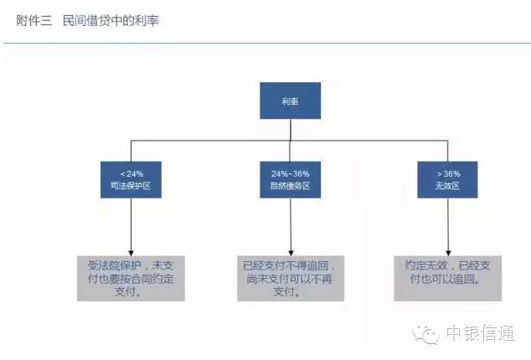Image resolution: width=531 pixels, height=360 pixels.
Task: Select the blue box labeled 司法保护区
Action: click(130, 178)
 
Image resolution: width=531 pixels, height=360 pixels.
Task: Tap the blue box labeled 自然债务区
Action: click(289, 178)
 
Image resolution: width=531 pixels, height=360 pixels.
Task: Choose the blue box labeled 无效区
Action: click(447, 178)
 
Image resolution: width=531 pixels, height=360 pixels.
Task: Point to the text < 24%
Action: click(130, 172)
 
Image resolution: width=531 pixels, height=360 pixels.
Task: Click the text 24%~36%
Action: click(289, 172)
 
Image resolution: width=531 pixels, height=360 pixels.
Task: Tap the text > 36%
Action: click(447, 172)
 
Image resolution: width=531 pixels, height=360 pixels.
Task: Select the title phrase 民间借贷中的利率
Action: click(110, 20)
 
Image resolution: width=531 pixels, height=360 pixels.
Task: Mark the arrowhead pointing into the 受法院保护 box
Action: click(130, 250)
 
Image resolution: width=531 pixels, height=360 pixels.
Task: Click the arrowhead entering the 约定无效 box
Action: click(447, 250)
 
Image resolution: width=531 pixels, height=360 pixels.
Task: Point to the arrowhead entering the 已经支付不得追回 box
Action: click(289, 250)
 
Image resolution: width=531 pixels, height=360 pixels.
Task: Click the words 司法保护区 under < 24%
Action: click(130, 185)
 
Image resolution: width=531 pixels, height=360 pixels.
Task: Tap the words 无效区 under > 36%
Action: click(447, 185)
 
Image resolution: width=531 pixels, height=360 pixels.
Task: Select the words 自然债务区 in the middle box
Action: click(289, 185)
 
